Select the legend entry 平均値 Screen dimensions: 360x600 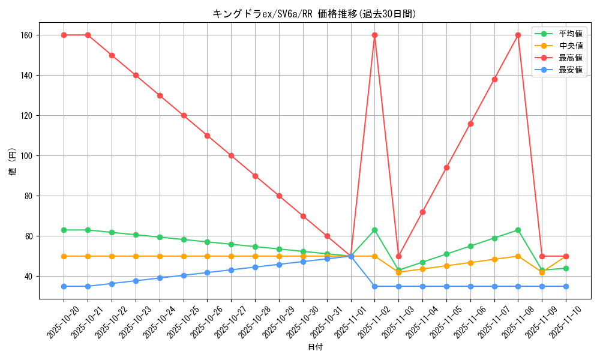(571, 34)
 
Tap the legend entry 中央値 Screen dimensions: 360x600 (571, 46)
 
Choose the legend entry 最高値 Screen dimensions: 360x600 (571, 58)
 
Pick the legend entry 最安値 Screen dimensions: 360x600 (571, 70)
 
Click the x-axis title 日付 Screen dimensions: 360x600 (315, 347)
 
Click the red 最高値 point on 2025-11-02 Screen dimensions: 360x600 (374, 35)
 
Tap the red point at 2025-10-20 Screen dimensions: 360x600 (64, 35)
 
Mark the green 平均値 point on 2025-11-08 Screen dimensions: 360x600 (518, 230)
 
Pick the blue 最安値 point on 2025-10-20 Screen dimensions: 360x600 (64, 286)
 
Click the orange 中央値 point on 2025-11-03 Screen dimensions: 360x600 (398, 272)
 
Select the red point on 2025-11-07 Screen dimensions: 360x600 (494, 79)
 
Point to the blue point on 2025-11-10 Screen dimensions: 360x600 (566, 286)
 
